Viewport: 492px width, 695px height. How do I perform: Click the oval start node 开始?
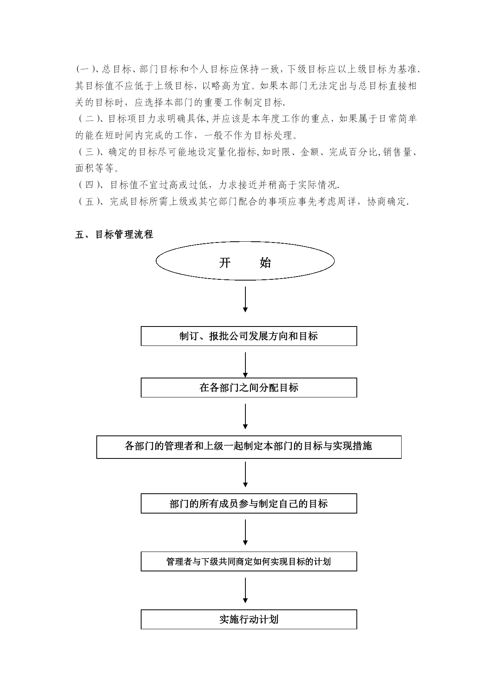click(245, 261)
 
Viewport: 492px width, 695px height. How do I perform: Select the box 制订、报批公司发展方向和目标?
click(249, 336)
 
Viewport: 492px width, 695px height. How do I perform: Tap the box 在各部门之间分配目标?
click(249, 388)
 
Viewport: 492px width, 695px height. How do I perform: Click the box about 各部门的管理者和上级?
click(249, 447)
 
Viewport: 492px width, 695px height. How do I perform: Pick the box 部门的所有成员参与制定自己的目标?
click(249, 503)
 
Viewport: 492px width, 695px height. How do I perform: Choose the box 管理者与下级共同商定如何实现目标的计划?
click(249, 561)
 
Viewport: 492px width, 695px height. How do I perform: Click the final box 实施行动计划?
click(249, 619)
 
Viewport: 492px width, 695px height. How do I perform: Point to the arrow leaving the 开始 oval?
click(245, 299)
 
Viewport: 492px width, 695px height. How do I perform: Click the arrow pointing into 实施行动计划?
click(245, 590)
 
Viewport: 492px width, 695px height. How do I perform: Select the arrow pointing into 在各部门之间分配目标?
click(245, 365)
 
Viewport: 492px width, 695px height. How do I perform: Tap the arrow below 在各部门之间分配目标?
click(245, 416)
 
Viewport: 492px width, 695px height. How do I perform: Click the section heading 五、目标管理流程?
click(114, 235)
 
